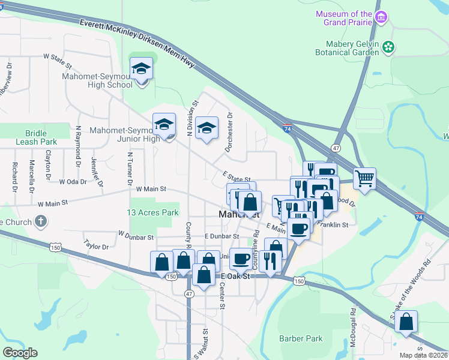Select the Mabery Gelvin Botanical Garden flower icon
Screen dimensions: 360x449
389,46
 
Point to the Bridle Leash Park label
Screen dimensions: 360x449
41,137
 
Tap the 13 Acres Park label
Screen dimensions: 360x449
153,212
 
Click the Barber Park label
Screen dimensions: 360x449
301,338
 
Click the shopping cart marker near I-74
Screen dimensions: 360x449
364,178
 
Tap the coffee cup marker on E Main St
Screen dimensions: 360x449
298,228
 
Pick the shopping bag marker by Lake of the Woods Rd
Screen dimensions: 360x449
406,322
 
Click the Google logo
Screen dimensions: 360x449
20,353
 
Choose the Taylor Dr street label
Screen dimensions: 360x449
96,246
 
